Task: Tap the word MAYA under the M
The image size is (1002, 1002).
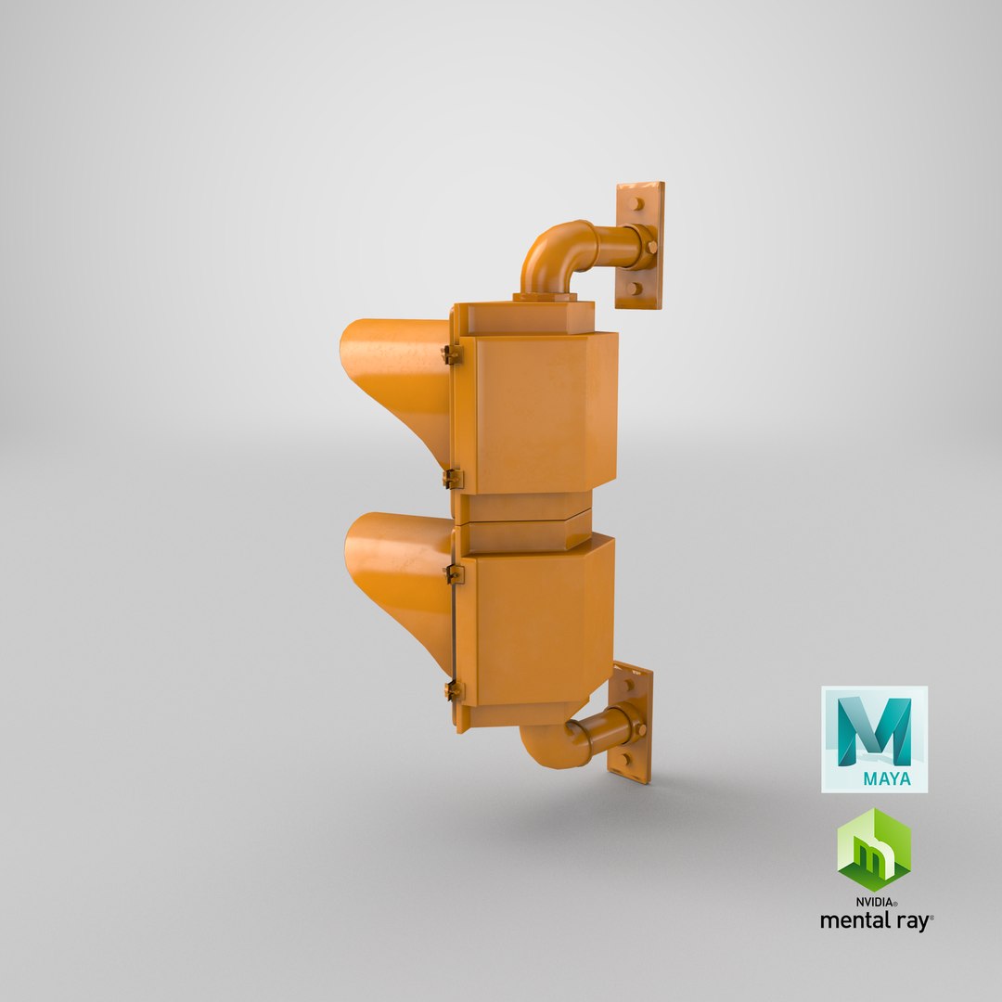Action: pyautogui.click(x=886, y=778)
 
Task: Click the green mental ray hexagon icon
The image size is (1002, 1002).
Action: pyautogui.click(x=873, y=849)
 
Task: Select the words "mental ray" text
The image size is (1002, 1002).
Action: pyautogui.click(x=875, y=920)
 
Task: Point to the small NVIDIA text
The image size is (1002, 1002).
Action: pyautogui.click(x=875, y=901)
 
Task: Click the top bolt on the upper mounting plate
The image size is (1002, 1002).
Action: pyautogui.click(x=637, y=204)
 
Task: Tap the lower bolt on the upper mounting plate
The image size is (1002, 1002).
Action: pyautogui.click(x=635, y=288)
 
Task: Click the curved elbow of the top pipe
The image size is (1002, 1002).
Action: pyautogui.click(x=547, y=250)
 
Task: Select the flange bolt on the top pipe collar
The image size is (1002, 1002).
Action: pyautogui.click(x=652, y=248)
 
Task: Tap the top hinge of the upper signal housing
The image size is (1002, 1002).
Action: pyautogui.click(x=451, y=354)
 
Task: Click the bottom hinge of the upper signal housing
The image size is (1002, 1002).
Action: pyautogui.click(x=452, y=479)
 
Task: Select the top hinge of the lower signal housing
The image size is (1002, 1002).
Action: pyautogui.click(x=454, y=573)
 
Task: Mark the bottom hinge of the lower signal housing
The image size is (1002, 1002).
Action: pyautogui.click(x=453, y=690)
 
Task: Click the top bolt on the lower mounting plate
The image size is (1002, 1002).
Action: pyautogui.click(x=628, y=685)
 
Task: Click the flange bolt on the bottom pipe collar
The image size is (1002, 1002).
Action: pyautogui.click(x=639, y=730)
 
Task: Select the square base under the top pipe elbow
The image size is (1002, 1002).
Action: pyautogui.click(x=545, y=297)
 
